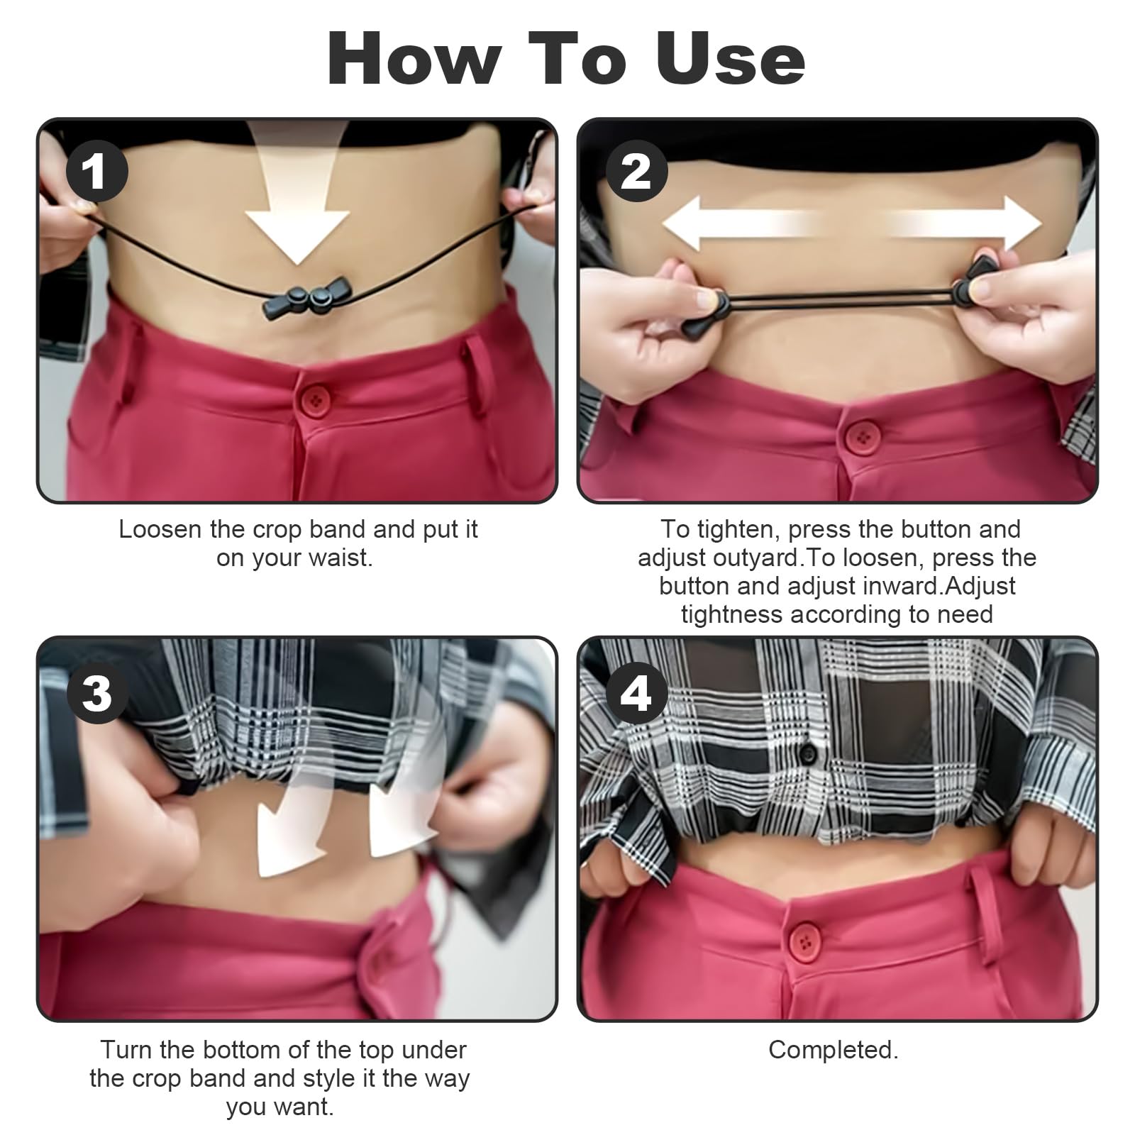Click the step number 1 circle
click(x=96, y=172)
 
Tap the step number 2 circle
click(x=636, y=172)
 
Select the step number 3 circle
click(x=96, y=692)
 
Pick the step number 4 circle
click(x=636, y=692)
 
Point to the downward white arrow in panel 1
click(x=298, y=227)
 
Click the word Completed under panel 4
click(x=833, y=1050)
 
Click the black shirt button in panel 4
click(x=808, y=754)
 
